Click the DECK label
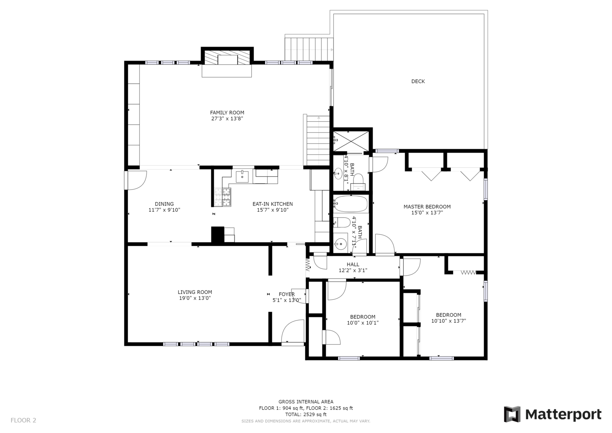point(418,81)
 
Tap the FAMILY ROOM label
point(227,113)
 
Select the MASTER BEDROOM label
point(427,206)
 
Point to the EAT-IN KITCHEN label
point(272,204)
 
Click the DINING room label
point(164,204)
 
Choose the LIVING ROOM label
point(195,292)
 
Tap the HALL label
point(353,264)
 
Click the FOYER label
point(286,294)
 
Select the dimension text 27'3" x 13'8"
point(227,118)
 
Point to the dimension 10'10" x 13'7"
point(448,321)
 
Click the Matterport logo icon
point(512,414)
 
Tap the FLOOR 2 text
point(23,420)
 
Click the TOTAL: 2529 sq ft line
point(306,414)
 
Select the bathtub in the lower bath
point(350,204)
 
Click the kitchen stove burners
point(223,197)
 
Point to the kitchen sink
point(242,176)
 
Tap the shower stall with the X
point(351,141)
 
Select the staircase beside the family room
point(318,141)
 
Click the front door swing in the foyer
point(293,331)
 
